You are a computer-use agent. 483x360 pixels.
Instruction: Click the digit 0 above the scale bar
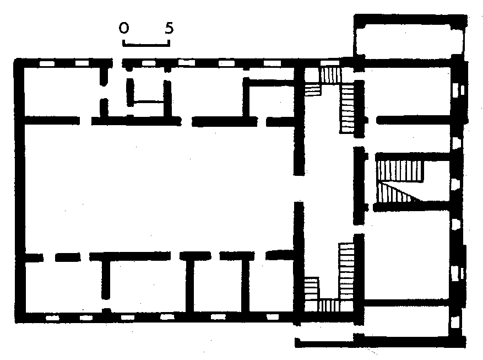point(124,28)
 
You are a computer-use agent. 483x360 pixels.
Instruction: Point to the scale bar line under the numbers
point(146,45)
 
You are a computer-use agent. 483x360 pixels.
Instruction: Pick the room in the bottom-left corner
point(63,287)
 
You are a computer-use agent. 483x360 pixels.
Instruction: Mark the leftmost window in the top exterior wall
point(47,63)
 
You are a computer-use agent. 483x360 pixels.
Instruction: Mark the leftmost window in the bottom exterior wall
point(52,318)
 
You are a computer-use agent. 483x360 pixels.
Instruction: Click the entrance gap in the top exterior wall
point(117,63)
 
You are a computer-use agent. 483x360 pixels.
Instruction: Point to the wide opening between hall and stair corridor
point(299,189)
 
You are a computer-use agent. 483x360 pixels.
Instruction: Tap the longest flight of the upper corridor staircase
point(347,109)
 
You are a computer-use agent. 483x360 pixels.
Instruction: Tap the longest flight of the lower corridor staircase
point(346,271)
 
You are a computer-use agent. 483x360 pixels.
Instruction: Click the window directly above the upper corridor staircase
point(329,63)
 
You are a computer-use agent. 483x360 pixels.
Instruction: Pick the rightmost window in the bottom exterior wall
point(272,317)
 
